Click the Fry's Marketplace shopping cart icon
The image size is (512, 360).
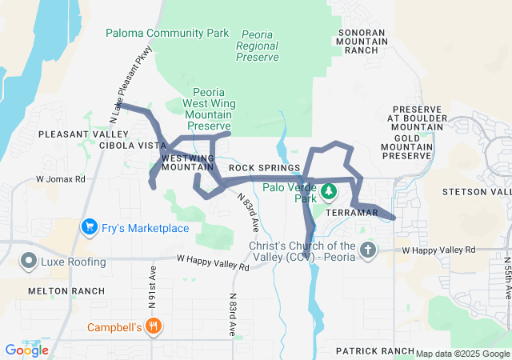pos(89,228)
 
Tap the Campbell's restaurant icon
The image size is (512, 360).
pos(154,326)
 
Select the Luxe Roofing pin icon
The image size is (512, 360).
pos(29,262)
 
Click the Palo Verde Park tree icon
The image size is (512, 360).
pos(328,192)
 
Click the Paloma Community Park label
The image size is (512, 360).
pos(167,33)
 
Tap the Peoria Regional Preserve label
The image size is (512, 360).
pos(258,46)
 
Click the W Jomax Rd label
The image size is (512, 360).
pos(61,179)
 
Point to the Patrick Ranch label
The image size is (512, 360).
pos(374,351)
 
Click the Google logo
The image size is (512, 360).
pos(26,350)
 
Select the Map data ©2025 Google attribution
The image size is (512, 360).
pos(462,354)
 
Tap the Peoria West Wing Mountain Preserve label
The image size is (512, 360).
pos(207,109)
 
